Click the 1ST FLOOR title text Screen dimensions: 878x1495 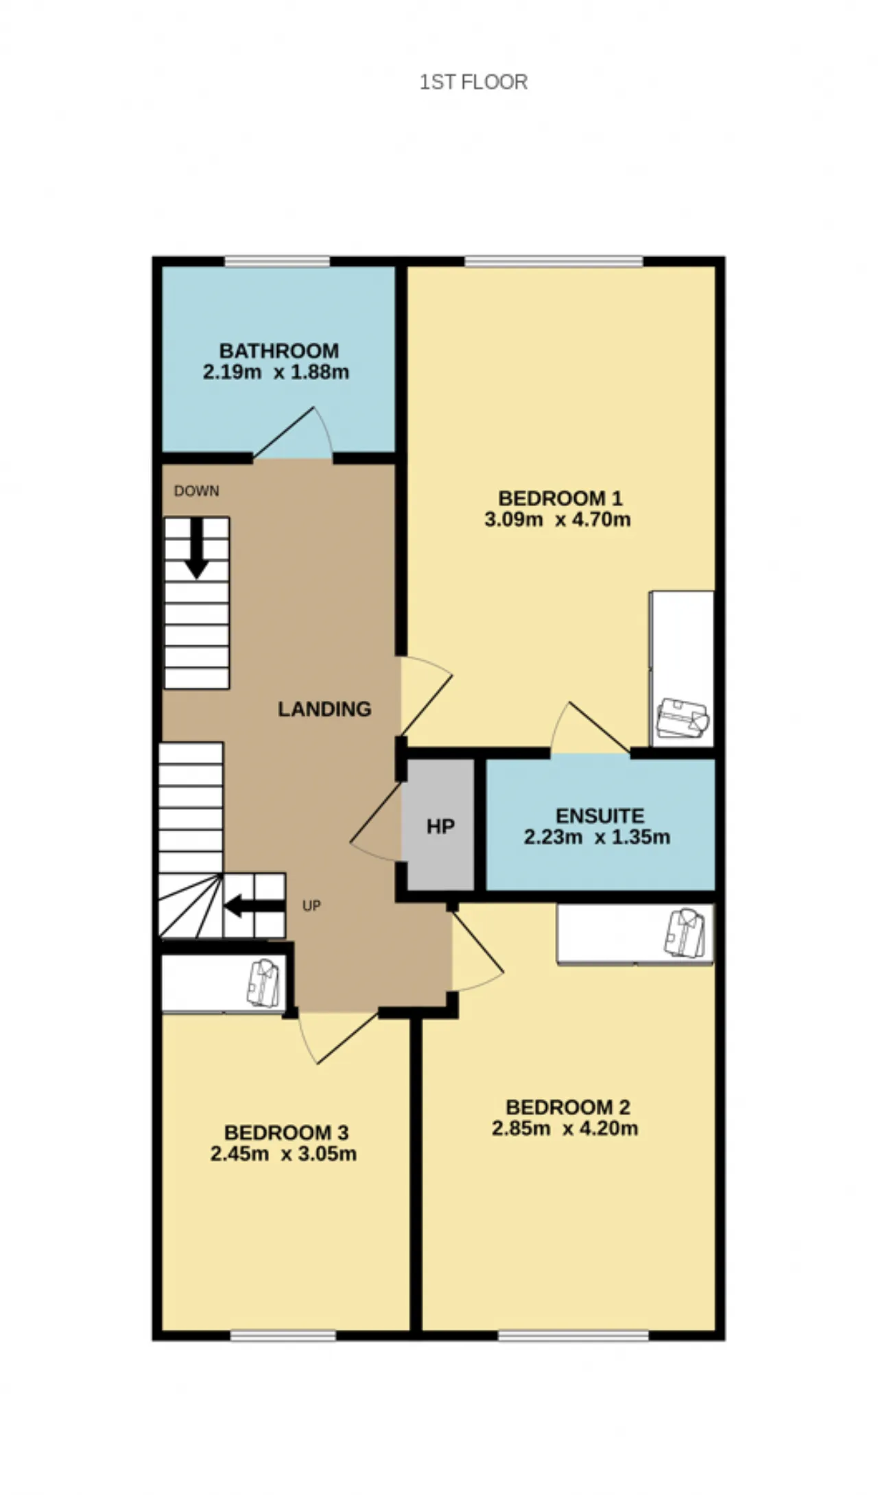point(473,82)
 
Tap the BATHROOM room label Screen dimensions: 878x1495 point(279,350)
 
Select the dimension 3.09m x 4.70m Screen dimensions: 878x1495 point(558,519)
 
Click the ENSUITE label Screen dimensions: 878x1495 point(600,815)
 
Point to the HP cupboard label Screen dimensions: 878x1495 point(440,826)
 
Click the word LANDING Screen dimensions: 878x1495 point(324,708)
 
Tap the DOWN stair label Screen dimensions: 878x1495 point(197,491)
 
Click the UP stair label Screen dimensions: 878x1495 point(311,906)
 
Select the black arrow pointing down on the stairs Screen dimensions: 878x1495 point(197,548)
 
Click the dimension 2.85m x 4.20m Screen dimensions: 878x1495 point(565,1128)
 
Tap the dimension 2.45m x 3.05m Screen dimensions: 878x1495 point(283,1153)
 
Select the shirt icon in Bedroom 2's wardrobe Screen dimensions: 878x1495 point(685,933)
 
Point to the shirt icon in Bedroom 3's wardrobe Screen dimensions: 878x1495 point(263,983)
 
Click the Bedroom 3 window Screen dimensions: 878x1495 point(283,1335)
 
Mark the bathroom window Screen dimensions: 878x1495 point(277,261)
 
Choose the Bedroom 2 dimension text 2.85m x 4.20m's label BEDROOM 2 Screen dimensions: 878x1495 point(567,1107)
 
